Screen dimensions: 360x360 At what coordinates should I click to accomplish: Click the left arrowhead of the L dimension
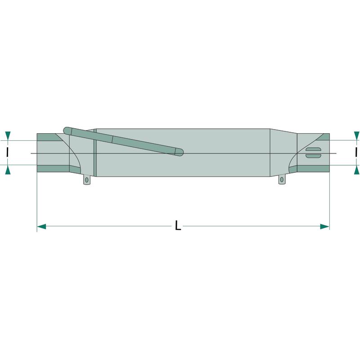(x=41, y=227)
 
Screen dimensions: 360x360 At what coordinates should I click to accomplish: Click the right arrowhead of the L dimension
(x=325, y=227)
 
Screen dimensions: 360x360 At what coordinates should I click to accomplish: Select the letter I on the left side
(x=8, y=152)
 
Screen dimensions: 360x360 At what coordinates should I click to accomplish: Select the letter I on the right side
(x=356, y=152)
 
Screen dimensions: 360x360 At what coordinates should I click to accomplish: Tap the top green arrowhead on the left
(x=8, y=136)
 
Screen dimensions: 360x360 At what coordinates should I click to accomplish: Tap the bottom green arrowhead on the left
(x=8, y=170)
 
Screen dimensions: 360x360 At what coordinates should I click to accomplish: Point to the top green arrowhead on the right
(x=356, y=136)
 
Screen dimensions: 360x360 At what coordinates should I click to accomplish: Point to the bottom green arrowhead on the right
(x=356, y=170)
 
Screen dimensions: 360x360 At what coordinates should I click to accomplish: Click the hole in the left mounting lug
(x=86, y=180)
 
